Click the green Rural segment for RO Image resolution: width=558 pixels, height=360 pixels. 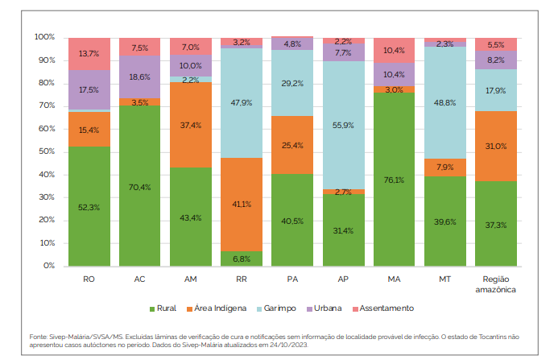(x=89, y=206)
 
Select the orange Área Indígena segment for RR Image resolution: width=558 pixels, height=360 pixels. (x=242, y=204)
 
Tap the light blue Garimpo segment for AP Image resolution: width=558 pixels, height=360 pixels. (x=343, y=125)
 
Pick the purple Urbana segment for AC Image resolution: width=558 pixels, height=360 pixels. (x=139, y=77)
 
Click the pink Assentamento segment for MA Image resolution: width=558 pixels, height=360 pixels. (x=394, y=50)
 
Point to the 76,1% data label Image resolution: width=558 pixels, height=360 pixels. (x=394, y=180)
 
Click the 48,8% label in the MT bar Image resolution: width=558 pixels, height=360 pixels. (x=444, y=102)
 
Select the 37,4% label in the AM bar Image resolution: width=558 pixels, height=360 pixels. (x=190, y=125)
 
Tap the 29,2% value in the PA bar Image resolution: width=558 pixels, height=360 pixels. (x=292, y=83)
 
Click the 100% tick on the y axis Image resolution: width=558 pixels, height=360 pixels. (x=44, y=38)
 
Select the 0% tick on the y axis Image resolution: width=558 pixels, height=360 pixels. (x=49, y=266)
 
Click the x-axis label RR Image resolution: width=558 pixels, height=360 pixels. (x=242, y=279)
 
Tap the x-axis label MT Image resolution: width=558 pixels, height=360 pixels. (x=444, y=279)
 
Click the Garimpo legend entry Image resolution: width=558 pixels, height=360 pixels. (x=277, y=308)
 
